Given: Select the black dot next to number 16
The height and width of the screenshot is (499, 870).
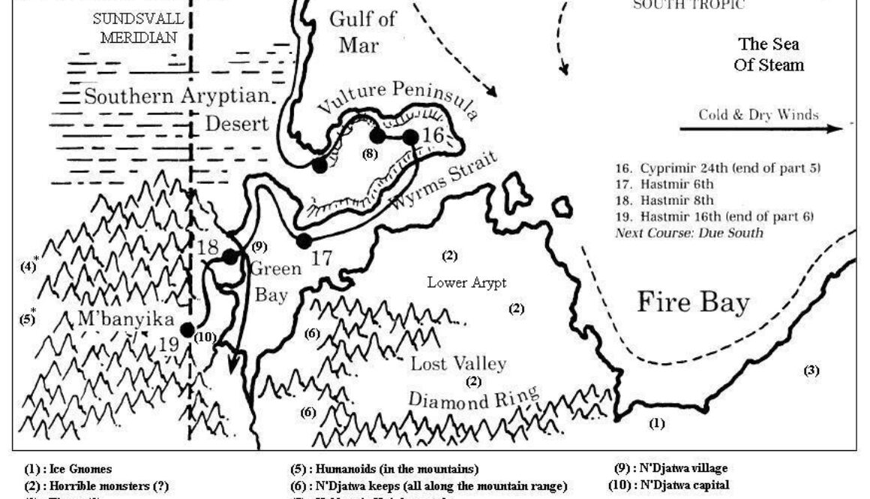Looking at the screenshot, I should coord(410,137).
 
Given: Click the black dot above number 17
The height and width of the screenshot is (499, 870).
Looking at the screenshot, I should coord(304,241).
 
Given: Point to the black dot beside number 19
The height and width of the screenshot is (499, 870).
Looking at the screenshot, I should coord(187,329).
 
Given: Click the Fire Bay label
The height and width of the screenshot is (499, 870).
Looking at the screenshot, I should coord(693,302).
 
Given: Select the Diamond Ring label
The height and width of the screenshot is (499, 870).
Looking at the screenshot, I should coord(473,398).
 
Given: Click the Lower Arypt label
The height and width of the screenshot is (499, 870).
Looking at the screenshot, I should coord(466,283).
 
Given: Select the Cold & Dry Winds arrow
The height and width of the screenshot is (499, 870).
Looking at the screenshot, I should coord(766,129).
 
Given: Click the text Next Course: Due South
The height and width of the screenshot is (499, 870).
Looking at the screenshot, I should coord(688,233).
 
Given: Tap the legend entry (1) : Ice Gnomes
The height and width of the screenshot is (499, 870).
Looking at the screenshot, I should coord(68,470).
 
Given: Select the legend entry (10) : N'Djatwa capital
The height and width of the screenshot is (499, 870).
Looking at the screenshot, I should coord(668,485).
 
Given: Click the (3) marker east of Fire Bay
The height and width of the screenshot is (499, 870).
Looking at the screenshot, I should coord(811,370).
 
